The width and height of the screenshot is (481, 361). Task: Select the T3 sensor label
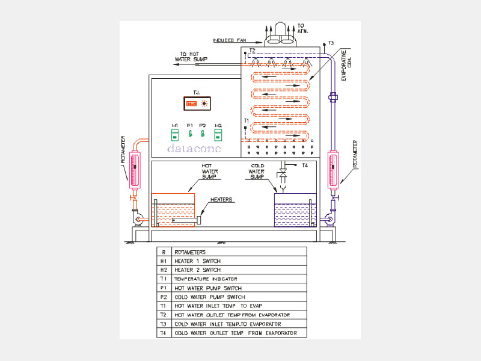tap(331, 43)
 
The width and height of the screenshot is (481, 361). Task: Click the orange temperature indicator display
tap(191, 103)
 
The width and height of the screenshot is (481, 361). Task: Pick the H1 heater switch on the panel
tap(175, 134)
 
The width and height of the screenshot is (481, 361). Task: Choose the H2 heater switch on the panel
tap(218, 134)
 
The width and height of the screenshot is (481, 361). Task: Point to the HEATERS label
tap(222, 199)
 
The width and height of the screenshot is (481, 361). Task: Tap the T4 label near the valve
tap(305, 165)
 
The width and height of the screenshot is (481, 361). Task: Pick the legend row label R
tap(163, 252)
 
